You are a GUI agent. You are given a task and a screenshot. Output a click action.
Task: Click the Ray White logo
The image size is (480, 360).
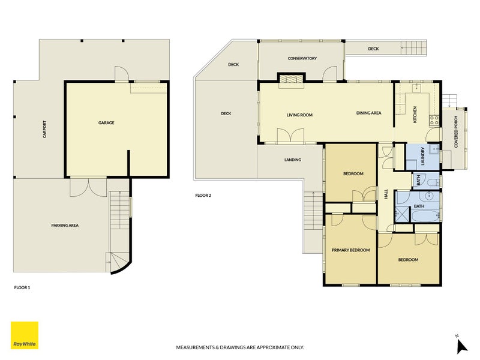[25, 335]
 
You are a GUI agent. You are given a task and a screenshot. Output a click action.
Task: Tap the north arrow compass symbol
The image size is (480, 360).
[461, 345]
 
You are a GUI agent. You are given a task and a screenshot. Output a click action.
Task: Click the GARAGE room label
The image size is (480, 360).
[106, 123]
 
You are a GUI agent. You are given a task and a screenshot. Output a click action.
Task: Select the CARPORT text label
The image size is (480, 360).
[44, 129]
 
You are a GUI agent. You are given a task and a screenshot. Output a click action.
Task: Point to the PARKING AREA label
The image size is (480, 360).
[65, 226]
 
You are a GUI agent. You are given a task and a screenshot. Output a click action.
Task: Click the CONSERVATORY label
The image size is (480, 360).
[302, 58]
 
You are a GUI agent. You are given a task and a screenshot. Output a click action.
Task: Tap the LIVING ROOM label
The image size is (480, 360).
[299, 115]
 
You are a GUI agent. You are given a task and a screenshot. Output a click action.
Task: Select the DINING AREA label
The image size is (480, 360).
[368, 113]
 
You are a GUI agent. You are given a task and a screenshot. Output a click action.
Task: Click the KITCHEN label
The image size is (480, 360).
[415, 115]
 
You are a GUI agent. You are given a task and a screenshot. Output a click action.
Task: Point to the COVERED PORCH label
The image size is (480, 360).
[456, 132]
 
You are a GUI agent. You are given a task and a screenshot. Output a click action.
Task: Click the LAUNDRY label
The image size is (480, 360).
[423, 156]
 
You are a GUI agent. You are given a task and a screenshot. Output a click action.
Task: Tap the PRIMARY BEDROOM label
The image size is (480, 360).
[351, 250]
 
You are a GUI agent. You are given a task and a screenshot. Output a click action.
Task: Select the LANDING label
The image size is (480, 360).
[293, 160]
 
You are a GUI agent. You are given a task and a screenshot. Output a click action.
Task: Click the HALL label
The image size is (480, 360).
[386, 194]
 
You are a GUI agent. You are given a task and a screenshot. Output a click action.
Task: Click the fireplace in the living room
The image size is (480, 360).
[291, 80]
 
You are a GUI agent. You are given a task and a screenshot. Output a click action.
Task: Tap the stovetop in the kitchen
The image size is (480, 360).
[434, 119]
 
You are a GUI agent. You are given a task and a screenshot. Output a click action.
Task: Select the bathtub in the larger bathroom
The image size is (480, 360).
[425, 215]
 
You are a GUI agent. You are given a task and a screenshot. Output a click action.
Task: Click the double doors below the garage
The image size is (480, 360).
[88, 187]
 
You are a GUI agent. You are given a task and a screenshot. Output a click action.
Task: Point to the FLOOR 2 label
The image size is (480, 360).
[203, 196]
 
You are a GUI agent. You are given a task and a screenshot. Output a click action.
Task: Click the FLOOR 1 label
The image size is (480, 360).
[22, 288]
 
